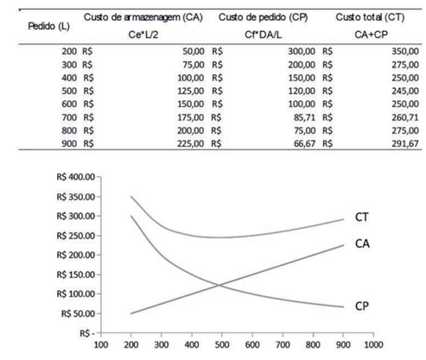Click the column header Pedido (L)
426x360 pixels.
click(x=48, y=27)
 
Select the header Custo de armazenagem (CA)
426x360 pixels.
click(x=143, y=17)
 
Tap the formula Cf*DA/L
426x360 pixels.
click(x=263, y=35)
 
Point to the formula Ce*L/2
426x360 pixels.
click(x=143, y=35)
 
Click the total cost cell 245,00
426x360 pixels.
click(x=405, y=91)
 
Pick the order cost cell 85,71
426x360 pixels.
click(x=304, y=117)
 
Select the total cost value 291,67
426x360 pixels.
click(x=405, y=143)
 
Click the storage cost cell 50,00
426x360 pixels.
click(x=194, y=52)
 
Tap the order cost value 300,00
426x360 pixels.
click(x=302, y=52)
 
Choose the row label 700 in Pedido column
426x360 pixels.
click(x=69, y=117)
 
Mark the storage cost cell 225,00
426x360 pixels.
click(x=190, y=143)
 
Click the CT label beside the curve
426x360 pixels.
click(x=362, y=217)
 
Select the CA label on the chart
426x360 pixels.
click(x=362, y=243)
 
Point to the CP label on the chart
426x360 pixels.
click(x=362, y=306)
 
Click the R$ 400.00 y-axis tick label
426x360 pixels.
click(x=76, y=177)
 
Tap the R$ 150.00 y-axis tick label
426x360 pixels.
click(x=76, y=275)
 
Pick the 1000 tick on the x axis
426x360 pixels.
click(x=373, y=344)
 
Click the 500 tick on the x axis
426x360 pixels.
click(x=222, y=344)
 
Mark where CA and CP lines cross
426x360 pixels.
click(x=219, y=285)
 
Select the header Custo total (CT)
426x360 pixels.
click(x=370, y=17)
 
